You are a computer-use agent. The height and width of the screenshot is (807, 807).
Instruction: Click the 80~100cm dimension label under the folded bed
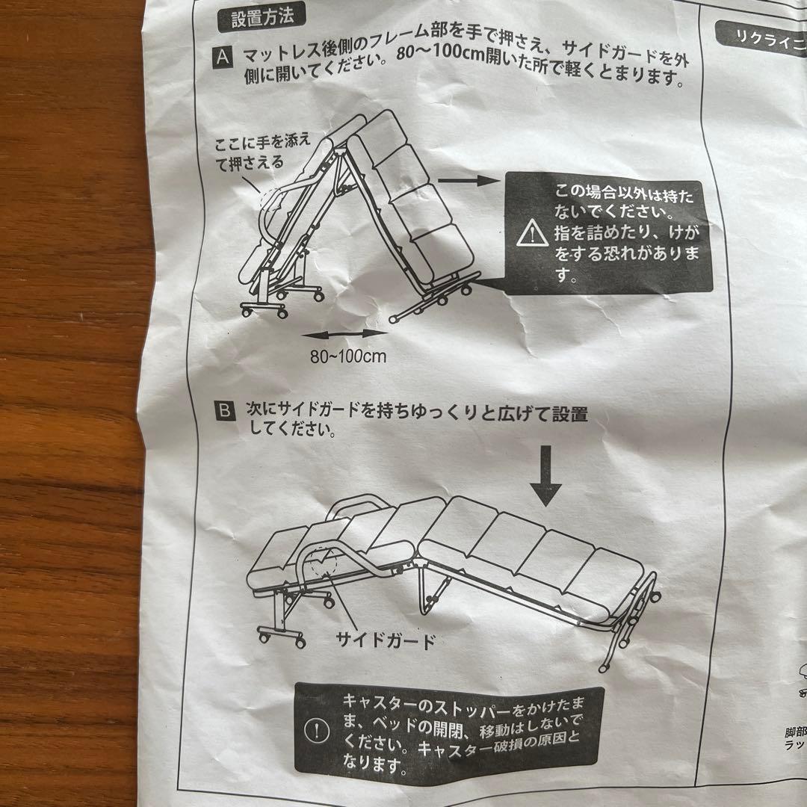click(347, 356)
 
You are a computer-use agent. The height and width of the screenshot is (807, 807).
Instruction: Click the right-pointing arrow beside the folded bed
click(468, 181)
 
